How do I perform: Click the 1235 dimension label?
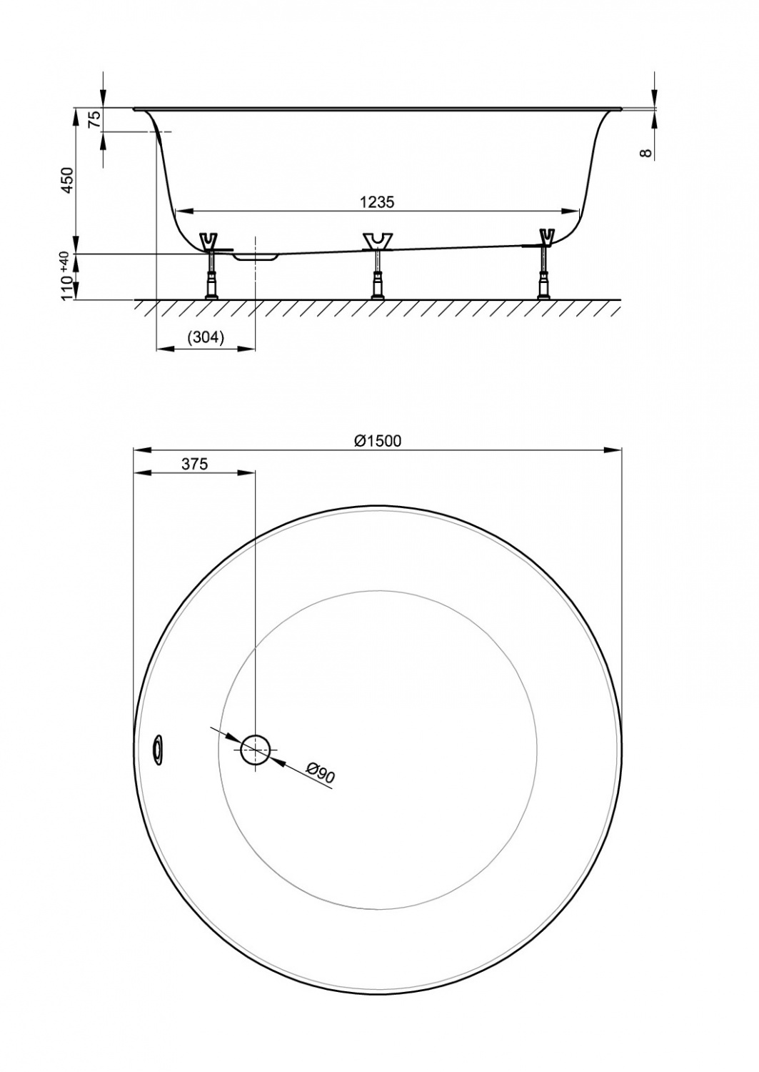pos(377,202)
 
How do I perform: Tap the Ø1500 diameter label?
pos(378,441)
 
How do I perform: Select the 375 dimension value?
pos(194,464)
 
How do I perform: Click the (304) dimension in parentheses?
pos(206,338)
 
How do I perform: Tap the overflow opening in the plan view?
pos(156,747)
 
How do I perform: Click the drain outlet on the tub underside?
pos(255,254)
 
